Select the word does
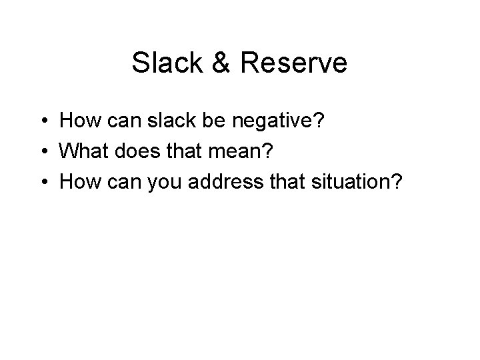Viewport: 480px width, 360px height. pos(132,151)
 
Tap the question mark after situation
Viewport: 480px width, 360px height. pos(397,181)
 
